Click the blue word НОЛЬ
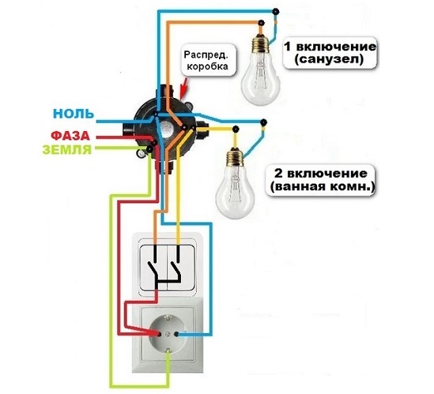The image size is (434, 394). (74, 114)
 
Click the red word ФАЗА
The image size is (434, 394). (70, 136)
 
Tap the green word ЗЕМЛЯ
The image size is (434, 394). (66, 149)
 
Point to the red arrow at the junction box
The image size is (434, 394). (183, 88)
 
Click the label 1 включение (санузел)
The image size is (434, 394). (330, 53)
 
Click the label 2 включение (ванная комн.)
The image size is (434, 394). (321, 180)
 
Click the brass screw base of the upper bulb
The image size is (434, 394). (260, 43)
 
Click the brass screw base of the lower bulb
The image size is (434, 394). (235, 157)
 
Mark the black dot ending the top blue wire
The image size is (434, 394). (276, 11)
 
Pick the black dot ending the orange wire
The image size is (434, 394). (261, 22)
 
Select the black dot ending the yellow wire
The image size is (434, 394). (236, 129)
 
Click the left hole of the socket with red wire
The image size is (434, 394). (159, 334)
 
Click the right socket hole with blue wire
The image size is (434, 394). (176, 334)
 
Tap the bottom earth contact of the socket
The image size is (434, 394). (168, 351)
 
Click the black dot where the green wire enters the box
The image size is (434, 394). (149, 149)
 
